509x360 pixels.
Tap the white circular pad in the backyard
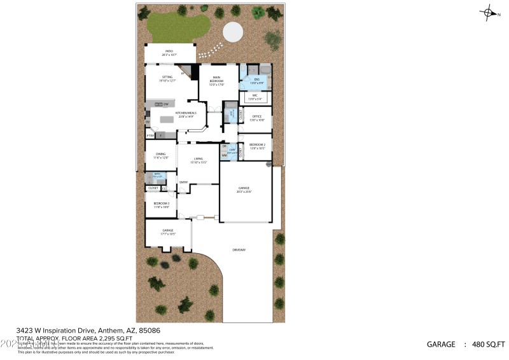(232, 31)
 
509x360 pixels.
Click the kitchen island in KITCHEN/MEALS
(167, 119)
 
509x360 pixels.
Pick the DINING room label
(160, 155)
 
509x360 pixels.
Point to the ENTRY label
(183, 183)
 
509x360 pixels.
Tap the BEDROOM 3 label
(161, 205)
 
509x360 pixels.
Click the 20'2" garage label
(244, 190)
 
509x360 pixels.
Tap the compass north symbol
(489, 12)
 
